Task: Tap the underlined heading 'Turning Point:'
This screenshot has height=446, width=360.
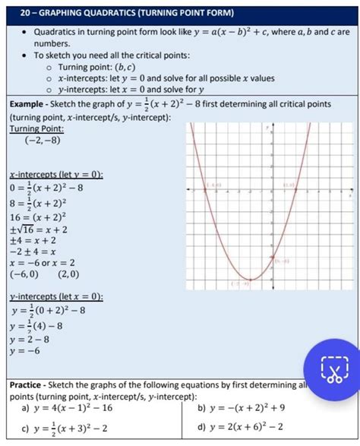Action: pos(36,128)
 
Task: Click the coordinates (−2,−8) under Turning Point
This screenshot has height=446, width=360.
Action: pos(43,141)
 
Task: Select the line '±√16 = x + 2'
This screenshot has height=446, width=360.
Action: pos(39,229)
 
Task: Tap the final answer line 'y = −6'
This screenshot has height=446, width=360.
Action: pos(27,351)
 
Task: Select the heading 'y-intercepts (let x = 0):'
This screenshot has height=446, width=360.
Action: pos(57,296)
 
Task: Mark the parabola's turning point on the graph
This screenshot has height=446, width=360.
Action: pos(251,279)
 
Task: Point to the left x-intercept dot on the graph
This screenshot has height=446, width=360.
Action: pos(206,189)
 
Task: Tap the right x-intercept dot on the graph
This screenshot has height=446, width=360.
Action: pos(295,189)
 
